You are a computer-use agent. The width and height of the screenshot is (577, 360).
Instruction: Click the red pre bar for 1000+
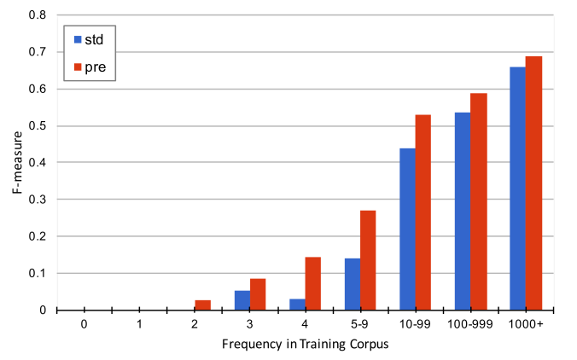533,183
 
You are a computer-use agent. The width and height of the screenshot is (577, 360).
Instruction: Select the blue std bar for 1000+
517,189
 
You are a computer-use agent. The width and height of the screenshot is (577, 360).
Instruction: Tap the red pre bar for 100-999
479,201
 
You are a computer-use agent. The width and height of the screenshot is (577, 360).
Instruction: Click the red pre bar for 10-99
423,212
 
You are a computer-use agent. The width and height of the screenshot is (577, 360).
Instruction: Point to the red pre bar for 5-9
368,260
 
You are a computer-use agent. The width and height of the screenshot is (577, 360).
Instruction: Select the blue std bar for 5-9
353,284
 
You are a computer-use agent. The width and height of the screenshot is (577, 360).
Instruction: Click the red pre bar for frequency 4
312,283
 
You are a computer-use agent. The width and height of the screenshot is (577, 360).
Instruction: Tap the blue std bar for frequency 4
297,305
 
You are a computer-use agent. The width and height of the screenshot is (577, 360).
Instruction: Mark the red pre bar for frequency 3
258,294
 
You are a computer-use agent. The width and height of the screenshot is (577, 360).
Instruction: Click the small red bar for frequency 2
202,305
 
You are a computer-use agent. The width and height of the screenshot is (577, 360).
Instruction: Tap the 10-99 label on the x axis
416,325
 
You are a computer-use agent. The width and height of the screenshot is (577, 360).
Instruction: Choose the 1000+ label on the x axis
526,325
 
